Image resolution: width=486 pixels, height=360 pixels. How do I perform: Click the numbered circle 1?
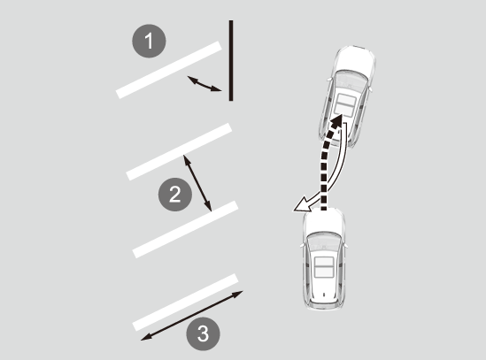point(149,41)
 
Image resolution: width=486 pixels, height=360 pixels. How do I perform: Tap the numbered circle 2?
point(175,195)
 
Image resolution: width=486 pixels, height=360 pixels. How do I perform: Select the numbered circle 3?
point(203,334)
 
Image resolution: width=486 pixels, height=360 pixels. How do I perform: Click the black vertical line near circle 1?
point(231,60)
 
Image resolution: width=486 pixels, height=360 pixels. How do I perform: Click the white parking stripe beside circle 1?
point(169,70)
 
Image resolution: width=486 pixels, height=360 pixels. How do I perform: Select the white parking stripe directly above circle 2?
point(179,152)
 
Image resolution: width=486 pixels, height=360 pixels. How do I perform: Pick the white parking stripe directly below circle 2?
point(186,229)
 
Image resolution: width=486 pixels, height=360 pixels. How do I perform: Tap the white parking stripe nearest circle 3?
point(185,303)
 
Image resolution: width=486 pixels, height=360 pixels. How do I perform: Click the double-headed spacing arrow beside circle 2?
point(197,183)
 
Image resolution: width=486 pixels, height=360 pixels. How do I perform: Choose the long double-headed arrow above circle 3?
point(192,316)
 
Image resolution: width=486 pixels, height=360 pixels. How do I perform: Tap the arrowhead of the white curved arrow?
point(301,205)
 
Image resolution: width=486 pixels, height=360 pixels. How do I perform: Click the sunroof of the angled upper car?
point(345,105)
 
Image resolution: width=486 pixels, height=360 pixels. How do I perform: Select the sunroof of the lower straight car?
point(324,267)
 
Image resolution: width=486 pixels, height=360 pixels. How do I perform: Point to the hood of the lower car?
point(324,221)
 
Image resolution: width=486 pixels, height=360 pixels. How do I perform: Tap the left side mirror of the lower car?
point(302,245)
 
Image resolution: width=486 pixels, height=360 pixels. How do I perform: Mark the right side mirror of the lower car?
point(345,245)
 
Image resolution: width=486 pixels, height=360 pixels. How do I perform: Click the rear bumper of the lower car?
point(324,305)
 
